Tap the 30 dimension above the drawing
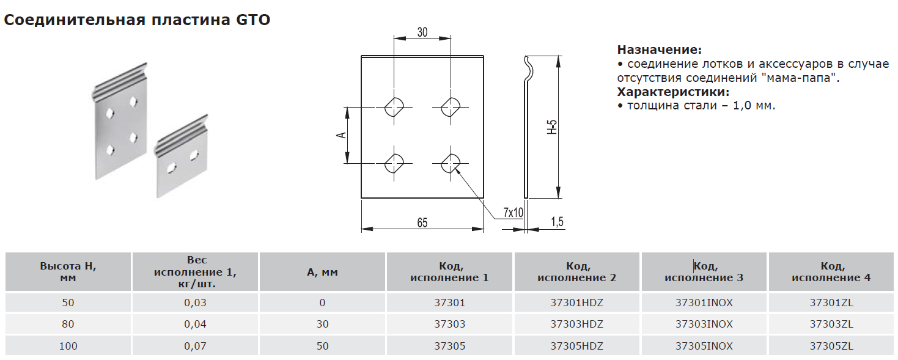422,32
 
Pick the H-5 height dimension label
551,127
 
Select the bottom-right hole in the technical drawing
451,163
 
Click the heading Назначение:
660,50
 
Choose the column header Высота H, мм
68,272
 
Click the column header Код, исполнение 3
704,272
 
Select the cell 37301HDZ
576,303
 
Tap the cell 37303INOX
704,324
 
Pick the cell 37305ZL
831,346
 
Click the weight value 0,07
196,346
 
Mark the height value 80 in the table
68,324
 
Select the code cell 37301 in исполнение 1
450,303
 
